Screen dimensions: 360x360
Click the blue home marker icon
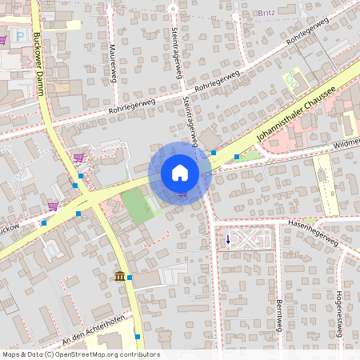pyautogui.click(x=180, y=172)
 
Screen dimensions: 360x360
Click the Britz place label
pyautogui.click(x=266, y=13)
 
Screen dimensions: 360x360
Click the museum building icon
pyautogui.click(x=119, y=277)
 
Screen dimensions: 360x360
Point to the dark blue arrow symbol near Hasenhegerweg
pyautogui.click(x=227, y=238)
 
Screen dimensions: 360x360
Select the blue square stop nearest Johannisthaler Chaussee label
pyautogui.click(x=214, y=152)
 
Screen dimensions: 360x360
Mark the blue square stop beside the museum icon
pyautogui.click(x=130, y=277)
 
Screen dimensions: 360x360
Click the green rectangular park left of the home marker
pyautogui.click(x=137, y=206)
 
